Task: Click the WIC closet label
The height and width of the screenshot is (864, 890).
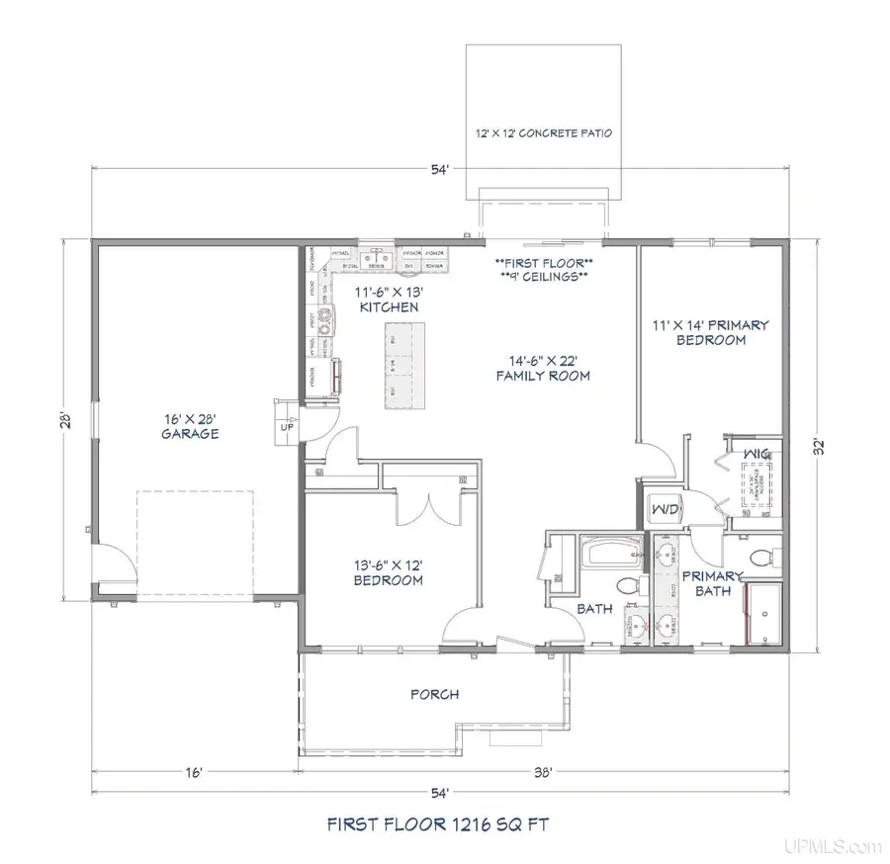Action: [757, 454]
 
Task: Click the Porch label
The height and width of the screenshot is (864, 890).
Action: [434, 694]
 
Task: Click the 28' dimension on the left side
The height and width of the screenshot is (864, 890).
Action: [63, 419]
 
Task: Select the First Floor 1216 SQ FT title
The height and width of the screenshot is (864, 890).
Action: [444, 822]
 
